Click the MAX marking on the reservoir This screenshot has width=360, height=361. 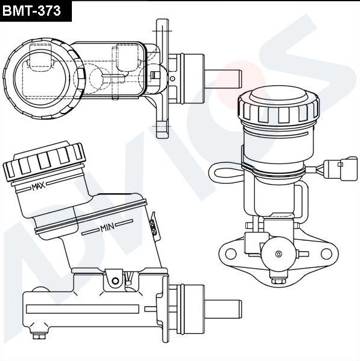point(39,187)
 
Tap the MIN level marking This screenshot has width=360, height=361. point(108,228)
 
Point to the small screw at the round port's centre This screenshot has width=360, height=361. point(278,254)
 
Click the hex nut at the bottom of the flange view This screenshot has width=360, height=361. point(278,281)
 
